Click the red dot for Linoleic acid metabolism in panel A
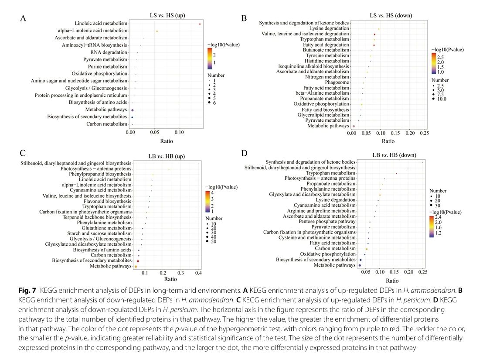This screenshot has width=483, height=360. [200, 24]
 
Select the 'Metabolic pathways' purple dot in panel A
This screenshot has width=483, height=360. [132, 110]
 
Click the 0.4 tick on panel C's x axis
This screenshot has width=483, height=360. [198, 273]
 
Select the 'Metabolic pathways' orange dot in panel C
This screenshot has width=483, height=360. [136, 266]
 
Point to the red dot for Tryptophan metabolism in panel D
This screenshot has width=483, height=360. [396, 173]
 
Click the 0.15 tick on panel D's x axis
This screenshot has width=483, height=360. [394, 272]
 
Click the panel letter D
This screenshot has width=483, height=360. [244, 153]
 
